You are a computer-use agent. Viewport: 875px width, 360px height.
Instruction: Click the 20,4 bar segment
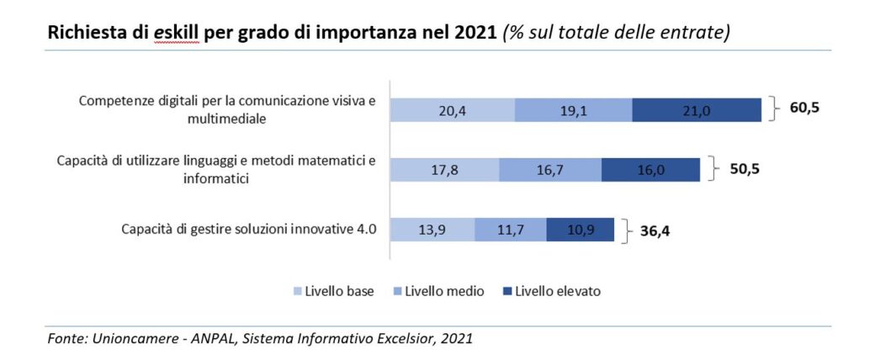pos(453,110)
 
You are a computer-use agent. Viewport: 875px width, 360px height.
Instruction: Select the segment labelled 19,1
pos(573,110)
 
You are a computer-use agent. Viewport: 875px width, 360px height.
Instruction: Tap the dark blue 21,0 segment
pos(697,110)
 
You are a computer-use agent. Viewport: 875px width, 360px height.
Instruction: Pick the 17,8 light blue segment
pos(444,169)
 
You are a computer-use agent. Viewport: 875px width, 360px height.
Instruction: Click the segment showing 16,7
pos(549,169)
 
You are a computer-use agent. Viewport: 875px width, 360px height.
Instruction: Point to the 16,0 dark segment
pos(650,169)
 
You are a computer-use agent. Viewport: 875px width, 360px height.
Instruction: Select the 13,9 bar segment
pos(432,230)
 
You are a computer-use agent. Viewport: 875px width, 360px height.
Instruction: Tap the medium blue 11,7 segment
pos(510,230)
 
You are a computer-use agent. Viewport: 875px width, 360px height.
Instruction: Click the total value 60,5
pos(804,109)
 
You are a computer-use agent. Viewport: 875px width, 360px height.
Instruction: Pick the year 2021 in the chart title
pos(475,34)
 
